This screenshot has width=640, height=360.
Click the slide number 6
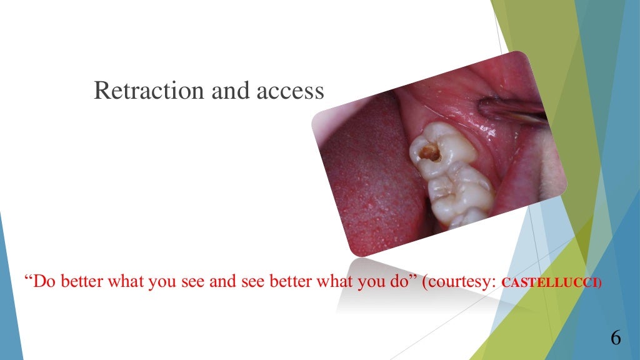615,338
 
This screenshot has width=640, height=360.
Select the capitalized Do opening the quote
41,281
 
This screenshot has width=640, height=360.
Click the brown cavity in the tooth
429,151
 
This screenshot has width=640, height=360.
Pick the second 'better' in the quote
293,281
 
